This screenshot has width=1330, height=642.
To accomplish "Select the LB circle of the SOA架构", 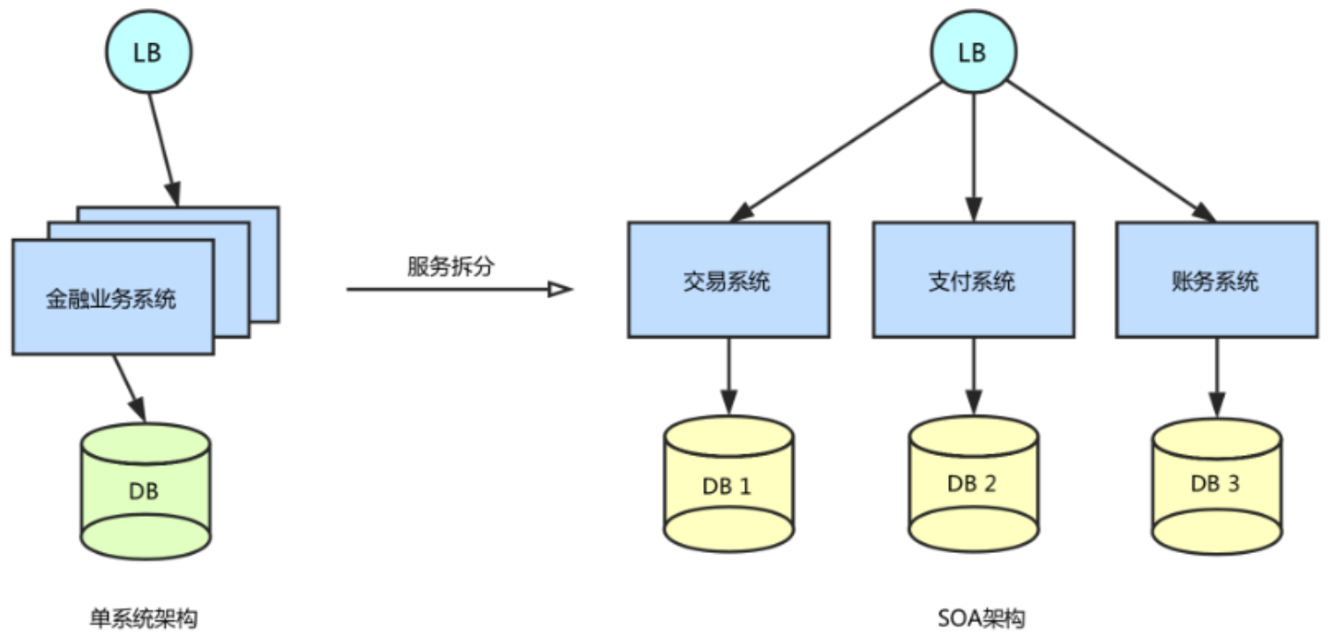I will click(x=972, y=52).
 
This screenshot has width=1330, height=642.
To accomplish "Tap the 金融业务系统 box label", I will click(x=111, y=298).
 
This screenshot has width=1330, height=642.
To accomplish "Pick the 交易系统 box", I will click(x=728, y=280).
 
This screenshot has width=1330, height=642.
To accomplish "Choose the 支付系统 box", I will click(x=973, y=280).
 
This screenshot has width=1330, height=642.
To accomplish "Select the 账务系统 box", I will click(x=1216, y=280).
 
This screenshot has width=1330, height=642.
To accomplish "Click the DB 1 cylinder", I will click(x=728, y=484).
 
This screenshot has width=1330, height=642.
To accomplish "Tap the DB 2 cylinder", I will click(x=973, y=484).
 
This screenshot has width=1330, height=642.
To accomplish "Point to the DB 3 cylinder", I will click(x=1216, y=484).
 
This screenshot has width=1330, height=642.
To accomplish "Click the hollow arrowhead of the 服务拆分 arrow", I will click(x=560, y=288).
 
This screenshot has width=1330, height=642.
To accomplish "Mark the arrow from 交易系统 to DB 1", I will click(x=728, y=376).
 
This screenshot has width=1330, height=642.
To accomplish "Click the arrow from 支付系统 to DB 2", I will click(x=973, y=376).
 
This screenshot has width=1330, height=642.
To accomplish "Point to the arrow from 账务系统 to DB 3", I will click(x=1216, y=376).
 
